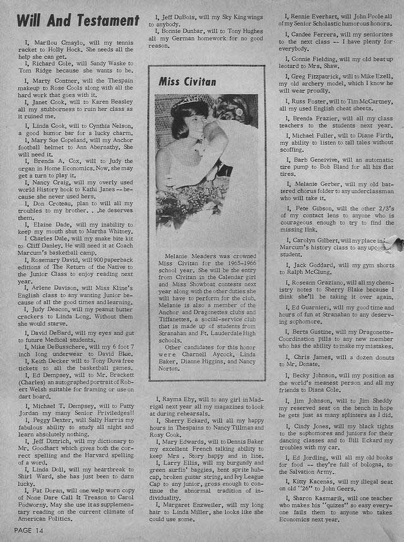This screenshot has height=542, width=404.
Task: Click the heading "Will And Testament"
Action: (78, 20)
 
